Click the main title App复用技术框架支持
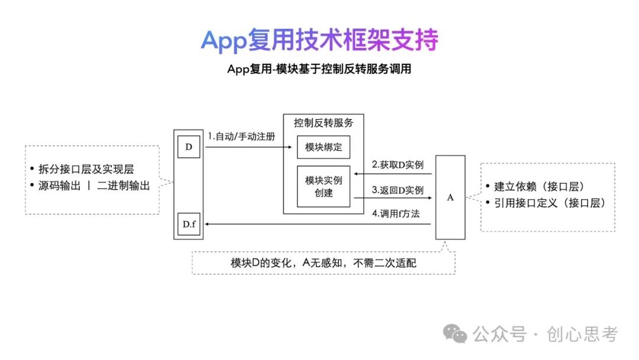(x=319, y=40)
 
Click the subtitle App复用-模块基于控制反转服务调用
(x=319, y=69)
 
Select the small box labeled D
(x=189, y=147)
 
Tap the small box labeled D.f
(x=189, y=224)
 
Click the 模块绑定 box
(x=323, y=147)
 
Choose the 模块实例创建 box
(x=323, y=187)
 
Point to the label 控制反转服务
(x=323, y=123)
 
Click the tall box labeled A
(x=450, y=197)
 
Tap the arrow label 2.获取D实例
(x=397, y=165)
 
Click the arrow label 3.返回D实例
(x=397, y=191)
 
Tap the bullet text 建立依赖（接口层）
(x=539, y=187)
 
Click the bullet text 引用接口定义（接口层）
(x=549, y=203)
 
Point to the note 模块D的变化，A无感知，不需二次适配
(x=323, y=262)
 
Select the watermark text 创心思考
(x=583, y=335)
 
